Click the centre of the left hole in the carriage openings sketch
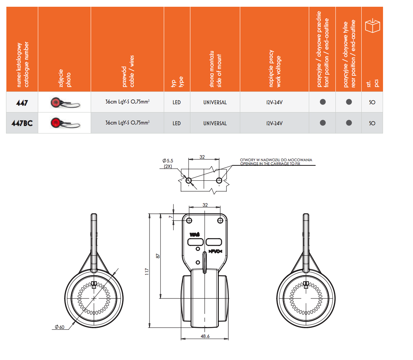(189, 180)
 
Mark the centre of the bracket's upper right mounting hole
(220, 220)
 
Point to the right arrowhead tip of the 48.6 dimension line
(228, 339)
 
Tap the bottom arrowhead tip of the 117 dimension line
(149, 327)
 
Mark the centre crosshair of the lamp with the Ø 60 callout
(94, 298)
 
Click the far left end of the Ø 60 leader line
(52, 329)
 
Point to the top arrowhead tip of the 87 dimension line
(160, 214)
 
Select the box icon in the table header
(373, 25)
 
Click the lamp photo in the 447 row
(65, 102)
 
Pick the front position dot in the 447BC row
(323, 123)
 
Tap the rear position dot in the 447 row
(349, 102)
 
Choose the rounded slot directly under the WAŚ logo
(195, 241)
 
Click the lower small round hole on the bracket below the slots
(198, 262)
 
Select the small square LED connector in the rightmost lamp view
(306, 285)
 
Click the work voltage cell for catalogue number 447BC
(274, 123)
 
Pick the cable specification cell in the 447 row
(127, 102)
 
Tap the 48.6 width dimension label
(205, 336)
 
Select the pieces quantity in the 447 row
(372, 102)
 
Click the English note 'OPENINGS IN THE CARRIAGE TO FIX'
(270, 163)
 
